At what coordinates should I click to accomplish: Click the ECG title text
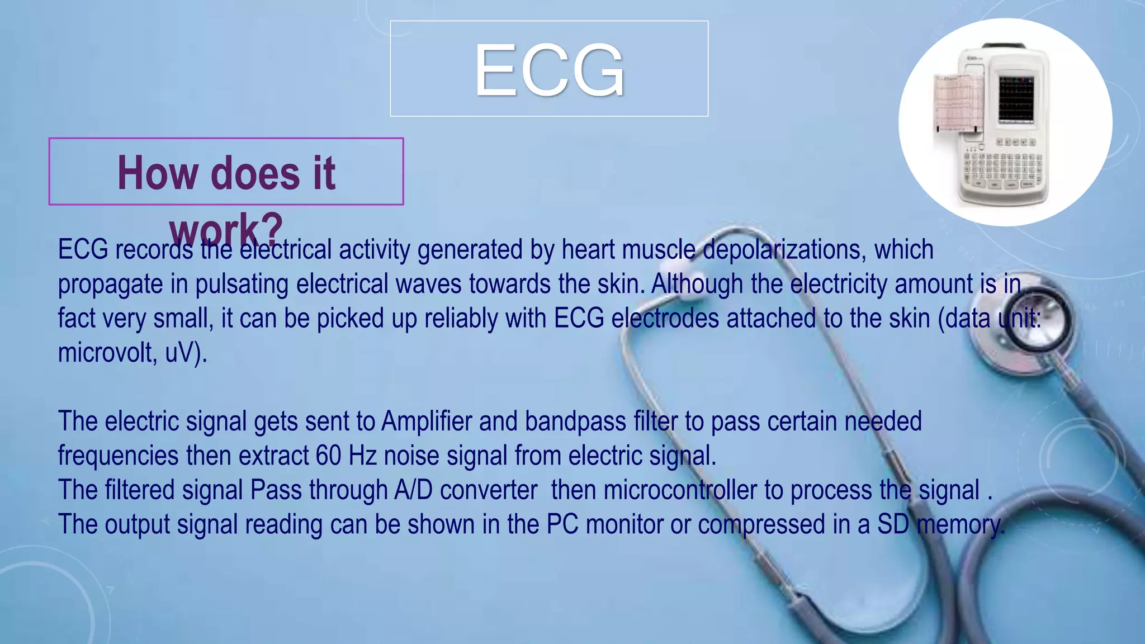coord(549,71)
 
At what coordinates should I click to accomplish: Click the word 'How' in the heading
coord(158,173)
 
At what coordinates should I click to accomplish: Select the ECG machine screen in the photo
coord(1016,99)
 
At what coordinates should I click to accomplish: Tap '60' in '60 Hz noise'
coord(328,456)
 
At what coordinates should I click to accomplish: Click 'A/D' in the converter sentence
coord(413,490)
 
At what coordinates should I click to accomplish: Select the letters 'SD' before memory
coord(893,524)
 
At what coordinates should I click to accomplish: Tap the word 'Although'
coord(697,284)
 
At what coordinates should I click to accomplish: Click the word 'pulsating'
coord(242,284)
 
